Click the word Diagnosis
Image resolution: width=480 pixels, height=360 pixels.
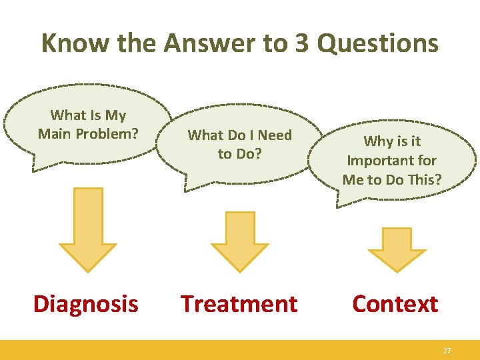point(86,304)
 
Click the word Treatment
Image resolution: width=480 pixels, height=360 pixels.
point(239,304)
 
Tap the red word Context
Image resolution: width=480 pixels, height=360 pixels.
point(395,304)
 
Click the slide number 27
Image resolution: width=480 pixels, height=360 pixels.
point(447,350)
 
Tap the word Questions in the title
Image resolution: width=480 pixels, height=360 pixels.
point(377,43)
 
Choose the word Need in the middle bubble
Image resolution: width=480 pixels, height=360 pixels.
point(275,135)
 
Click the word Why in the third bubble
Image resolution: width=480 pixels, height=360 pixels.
point(378,141)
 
